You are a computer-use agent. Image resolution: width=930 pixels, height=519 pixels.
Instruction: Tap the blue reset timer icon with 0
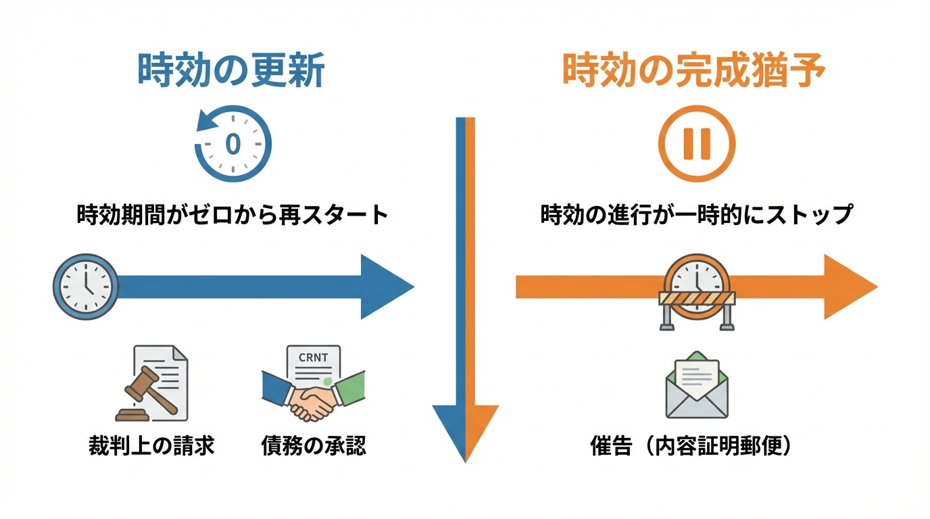coord(233,144)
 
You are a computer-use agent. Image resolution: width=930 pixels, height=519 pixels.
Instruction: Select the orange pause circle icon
coord(697,144)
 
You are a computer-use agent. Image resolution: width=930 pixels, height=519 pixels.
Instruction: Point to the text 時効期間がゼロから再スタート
coord(233,216)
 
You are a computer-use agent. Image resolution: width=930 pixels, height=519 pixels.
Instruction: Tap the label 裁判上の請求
coord(151,447)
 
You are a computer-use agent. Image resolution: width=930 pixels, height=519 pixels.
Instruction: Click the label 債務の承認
coord(314,447)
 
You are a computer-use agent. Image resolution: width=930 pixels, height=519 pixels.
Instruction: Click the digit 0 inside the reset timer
coord(233,144)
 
